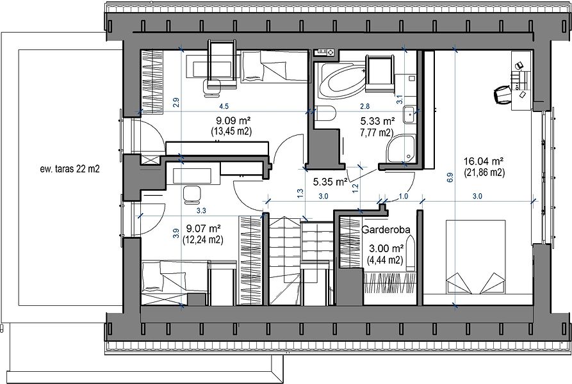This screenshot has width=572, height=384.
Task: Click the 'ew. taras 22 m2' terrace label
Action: coord(70,169)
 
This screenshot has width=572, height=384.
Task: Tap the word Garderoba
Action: coord(386,230)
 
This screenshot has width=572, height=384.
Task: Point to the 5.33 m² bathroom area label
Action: coord(377,121)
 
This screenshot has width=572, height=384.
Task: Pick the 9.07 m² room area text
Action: coord(203,228)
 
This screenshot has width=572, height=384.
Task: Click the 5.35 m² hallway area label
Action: coord(330,181)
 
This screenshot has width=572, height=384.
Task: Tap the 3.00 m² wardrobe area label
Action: coord(386,248)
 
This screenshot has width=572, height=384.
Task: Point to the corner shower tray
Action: coord(401,148)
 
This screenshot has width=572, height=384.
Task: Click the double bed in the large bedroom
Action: coord(475,257)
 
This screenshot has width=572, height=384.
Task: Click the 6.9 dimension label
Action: coord(450,177)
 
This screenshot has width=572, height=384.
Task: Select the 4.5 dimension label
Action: coord(224,106)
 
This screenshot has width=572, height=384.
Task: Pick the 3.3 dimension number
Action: coord(201,211)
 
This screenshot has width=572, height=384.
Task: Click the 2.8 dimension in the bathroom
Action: coord(365,106)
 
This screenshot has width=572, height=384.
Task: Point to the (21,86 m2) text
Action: coord(484,173)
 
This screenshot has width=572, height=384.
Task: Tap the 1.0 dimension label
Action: coord(403,196)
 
